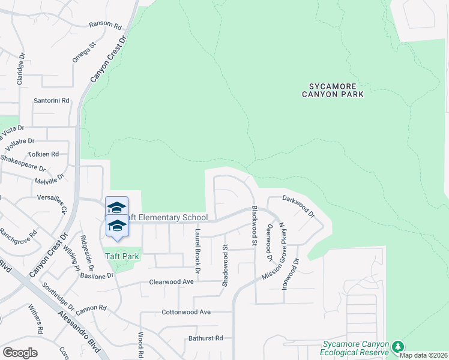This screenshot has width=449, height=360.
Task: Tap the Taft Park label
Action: pos(122,256)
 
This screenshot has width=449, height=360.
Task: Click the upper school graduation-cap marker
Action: pos(116,207)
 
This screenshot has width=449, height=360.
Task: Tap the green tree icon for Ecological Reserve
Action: pos(397,347)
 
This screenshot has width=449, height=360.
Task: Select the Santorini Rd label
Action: pos(52,101)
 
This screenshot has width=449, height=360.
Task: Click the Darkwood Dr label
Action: pos(298,206)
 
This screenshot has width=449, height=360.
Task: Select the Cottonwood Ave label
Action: pos(186,312)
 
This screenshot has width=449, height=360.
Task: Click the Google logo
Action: pos(20,352)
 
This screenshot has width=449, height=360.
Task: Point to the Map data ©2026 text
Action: pos(424,355)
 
